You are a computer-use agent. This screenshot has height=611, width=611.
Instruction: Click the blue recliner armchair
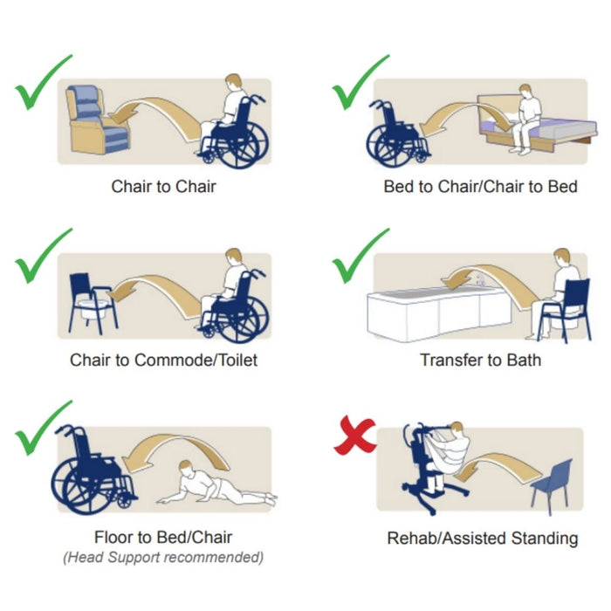(97, 120)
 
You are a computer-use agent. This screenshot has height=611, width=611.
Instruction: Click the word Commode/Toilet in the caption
(196, 360)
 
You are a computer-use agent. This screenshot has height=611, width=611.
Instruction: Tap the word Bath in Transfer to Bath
(524, 360)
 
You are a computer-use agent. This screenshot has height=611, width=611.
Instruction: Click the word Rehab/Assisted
(447, 539)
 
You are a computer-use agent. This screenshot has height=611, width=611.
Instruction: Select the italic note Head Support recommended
(163, 557)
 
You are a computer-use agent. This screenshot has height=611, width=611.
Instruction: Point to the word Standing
(545, 539)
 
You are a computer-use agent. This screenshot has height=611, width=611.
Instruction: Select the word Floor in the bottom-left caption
(113, 538)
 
